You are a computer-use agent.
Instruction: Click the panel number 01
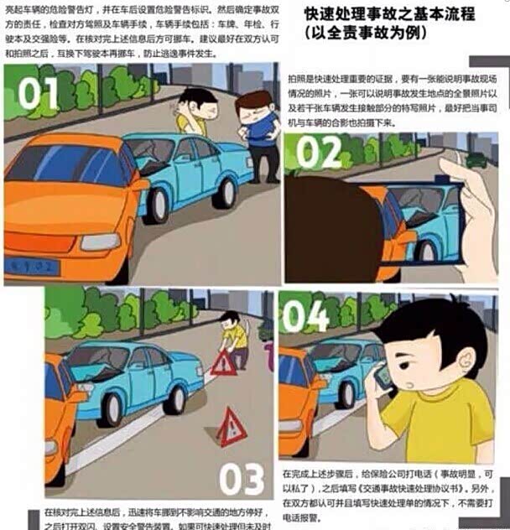[37, 94]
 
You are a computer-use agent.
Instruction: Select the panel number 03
[243, 479]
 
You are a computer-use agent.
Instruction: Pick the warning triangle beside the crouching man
[223, 362]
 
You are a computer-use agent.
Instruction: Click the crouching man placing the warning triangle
[234, 337]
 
